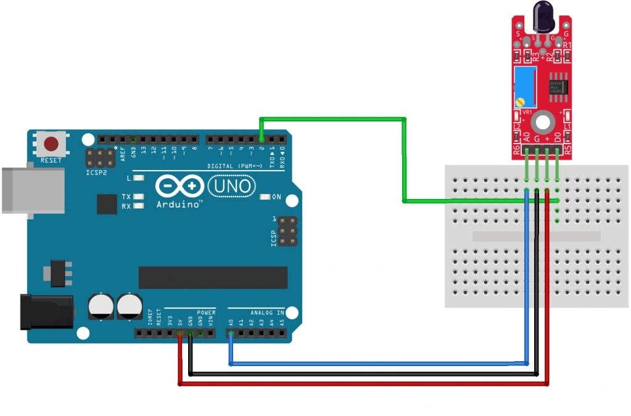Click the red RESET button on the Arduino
51,144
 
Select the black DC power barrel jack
47,311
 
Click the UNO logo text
232,186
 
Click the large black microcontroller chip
213,277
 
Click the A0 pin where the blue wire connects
231,334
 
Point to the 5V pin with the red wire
179,334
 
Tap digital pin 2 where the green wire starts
262,139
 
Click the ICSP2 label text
97,173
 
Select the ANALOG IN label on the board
267,313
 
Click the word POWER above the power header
207,313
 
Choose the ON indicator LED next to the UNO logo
266,197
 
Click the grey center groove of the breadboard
535,236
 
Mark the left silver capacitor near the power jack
101,306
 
